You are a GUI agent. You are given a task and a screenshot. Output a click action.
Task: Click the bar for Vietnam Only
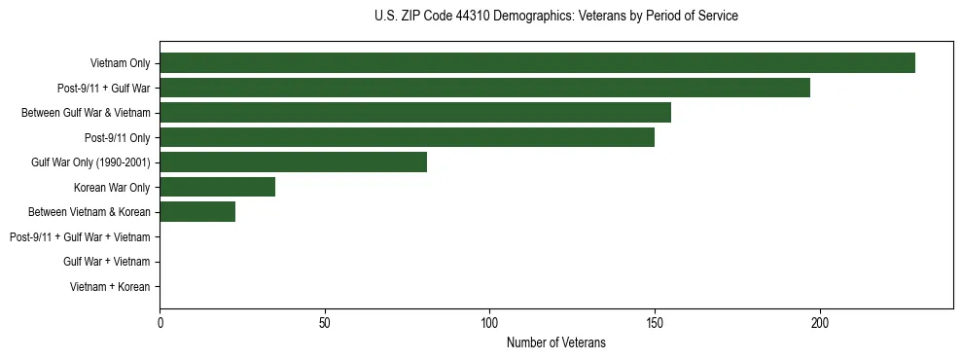pyautogui.click(x=537, y=63)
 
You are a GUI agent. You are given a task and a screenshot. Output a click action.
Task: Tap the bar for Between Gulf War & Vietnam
pyautogui.click(x=415, y=113)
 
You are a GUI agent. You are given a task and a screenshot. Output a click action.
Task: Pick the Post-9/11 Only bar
pyautogui.click(x=407, y=137)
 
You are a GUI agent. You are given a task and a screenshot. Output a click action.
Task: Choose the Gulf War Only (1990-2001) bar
pyautogui.click(x=293, y=162)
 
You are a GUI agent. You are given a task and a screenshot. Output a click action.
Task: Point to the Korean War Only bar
pyautogui.click(x=217, y=187)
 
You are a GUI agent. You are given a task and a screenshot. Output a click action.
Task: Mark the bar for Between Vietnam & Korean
pyautogui.click(x=197, y=212)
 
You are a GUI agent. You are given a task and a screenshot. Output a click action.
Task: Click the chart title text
pyautogui.click(x=555, y=17)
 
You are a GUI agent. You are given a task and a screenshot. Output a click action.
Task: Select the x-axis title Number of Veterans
pyautogui.click(x=555, y=343)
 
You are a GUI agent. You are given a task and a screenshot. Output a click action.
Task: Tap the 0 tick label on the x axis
pyautogui.click(x=160, y=323)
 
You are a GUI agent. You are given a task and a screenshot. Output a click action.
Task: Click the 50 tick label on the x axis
pyautogui.click(x=325, y=323)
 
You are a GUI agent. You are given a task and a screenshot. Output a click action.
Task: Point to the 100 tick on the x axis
pyautogui.click(x=489, y=323)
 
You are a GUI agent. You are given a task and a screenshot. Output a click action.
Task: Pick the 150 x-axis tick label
pyautogui.click(x=655, y=323)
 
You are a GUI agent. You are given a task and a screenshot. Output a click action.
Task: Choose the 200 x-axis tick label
pyautogui.click(x=820, y=323)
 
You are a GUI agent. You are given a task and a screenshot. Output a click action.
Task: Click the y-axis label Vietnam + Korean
pyautogui.click(x=110, y=287)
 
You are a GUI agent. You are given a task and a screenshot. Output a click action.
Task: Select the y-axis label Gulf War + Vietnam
pyautogui.click(x=106, y=262)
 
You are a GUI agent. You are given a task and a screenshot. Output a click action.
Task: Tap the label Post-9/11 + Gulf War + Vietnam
pyautogui.click(x=80, y=237)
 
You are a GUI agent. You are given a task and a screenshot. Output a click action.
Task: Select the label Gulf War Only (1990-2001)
pyautogui.click(x=90, y=162)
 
